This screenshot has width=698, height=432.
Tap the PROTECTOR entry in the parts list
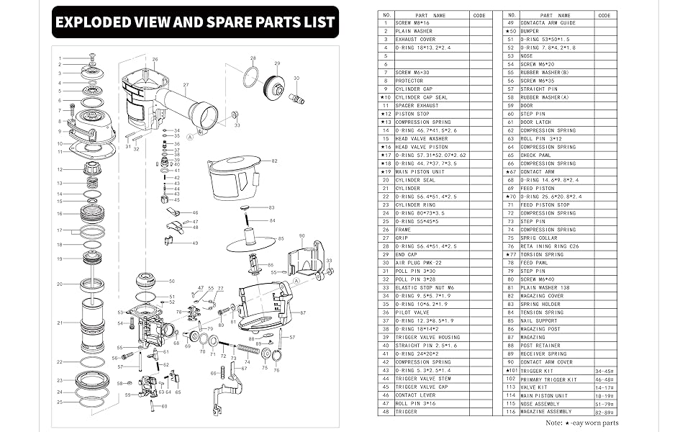point(409,81)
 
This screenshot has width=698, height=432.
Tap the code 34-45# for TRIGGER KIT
point(604,371)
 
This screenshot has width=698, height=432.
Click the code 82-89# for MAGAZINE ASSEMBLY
point(604,412)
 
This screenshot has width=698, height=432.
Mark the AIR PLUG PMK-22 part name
point(419,263)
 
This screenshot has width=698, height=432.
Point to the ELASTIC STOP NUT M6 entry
point(425,288)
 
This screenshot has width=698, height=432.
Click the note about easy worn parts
point(581,423)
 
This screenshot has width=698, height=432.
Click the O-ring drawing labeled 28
point(250,76)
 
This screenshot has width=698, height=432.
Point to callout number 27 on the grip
point(185,85)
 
